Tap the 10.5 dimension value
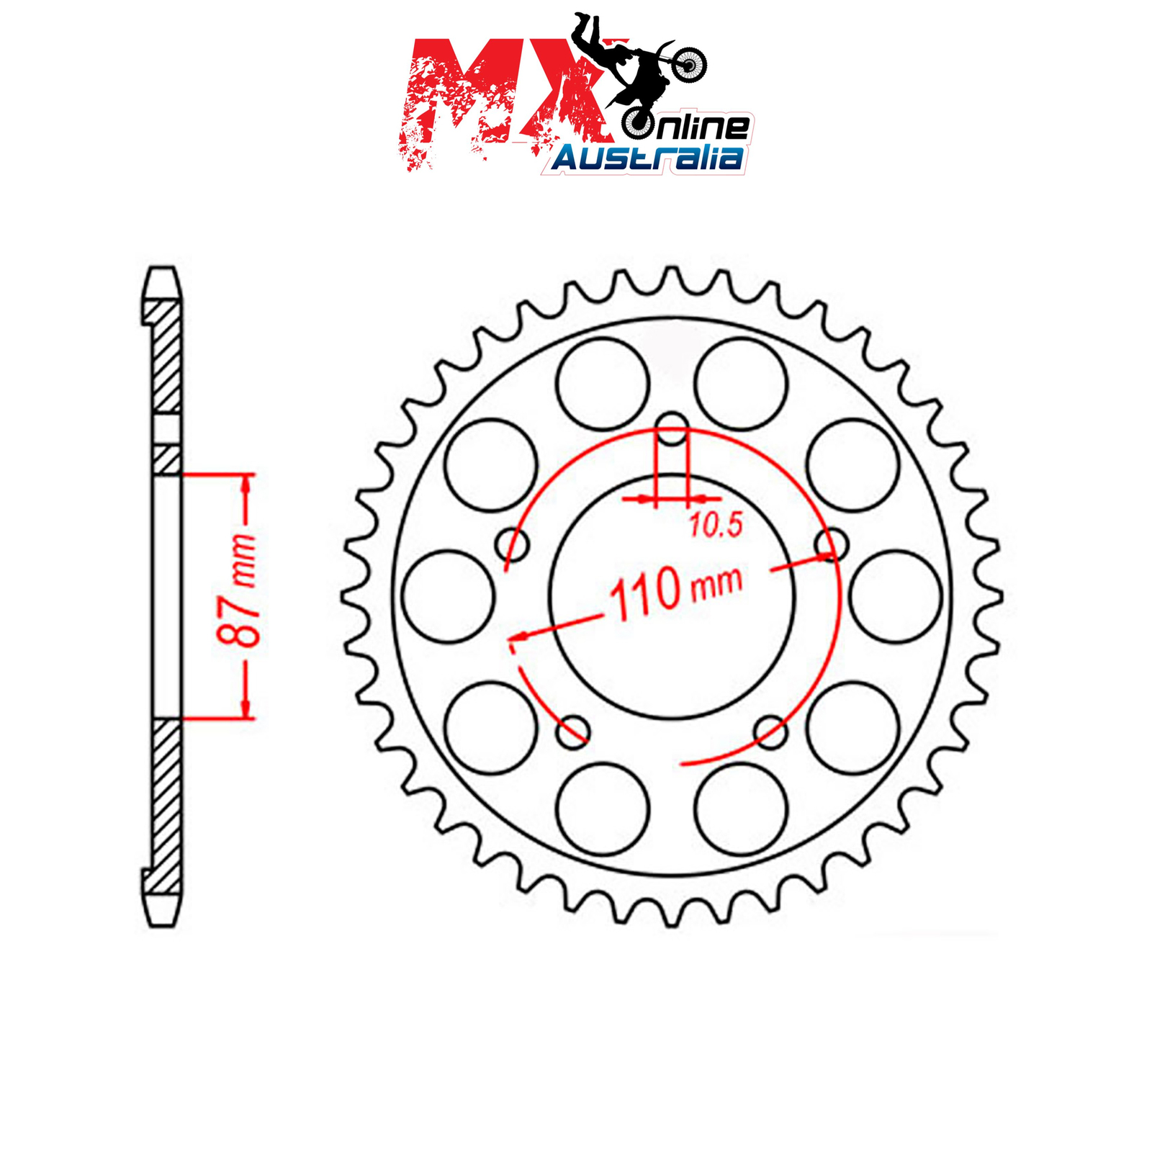[716, 526]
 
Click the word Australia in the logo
[647, 158]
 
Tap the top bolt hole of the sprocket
[673, 429]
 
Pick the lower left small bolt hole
[574, 732]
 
